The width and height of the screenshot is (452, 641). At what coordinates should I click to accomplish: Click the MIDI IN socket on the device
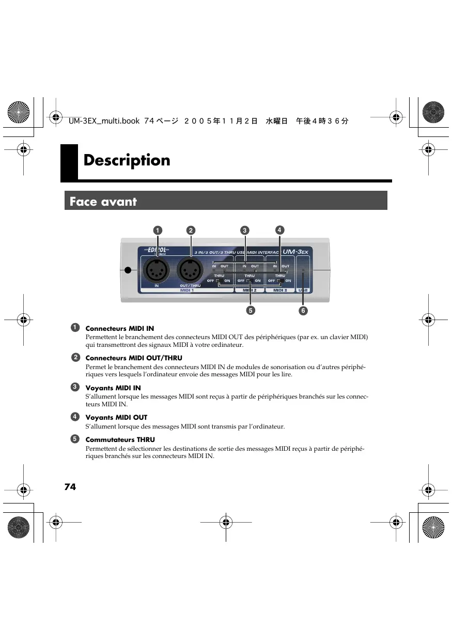point(157,269)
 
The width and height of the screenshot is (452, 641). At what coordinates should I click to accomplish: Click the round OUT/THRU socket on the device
point(190,269)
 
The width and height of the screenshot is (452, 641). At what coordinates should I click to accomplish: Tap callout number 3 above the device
point(245,230)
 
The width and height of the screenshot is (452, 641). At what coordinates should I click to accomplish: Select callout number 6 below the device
point(303,311)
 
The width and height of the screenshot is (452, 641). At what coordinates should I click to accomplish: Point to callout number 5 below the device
point(250,311)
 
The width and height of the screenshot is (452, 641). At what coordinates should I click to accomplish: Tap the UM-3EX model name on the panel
point(295,252)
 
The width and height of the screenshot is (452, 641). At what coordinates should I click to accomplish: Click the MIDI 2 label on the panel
point(250,291)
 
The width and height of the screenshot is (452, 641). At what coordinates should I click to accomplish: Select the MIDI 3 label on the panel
point(280,291)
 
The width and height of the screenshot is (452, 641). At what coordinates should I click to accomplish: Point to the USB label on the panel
point(303,291)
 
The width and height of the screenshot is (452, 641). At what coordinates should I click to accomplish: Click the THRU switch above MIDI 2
point(249,281)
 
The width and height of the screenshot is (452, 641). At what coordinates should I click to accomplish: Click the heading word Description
point(127,160)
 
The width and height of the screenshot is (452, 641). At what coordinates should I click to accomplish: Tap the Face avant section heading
point(103,201)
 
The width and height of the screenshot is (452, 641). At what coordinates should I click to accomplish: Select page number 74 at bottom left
point(70,486)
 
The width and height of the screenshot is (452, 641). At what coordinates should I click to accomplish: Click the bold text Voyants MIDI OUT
point(116,417)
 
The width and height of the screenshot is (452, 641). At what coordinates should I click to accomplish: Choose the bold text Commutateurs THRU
point(120,439)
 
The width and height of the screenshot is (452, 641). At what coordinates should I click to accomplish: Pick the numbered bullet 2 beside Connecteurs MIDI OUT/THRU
point(75,358)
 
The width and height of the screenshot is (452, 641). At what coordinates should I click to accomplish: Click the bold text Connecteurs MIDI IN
point(119,328)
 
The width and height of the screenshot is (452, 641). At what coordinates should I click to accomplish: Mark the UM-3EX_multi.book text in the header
point(104,121)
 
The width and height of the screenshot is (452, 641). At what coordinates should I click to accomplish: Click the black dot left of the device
point(128,270)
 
